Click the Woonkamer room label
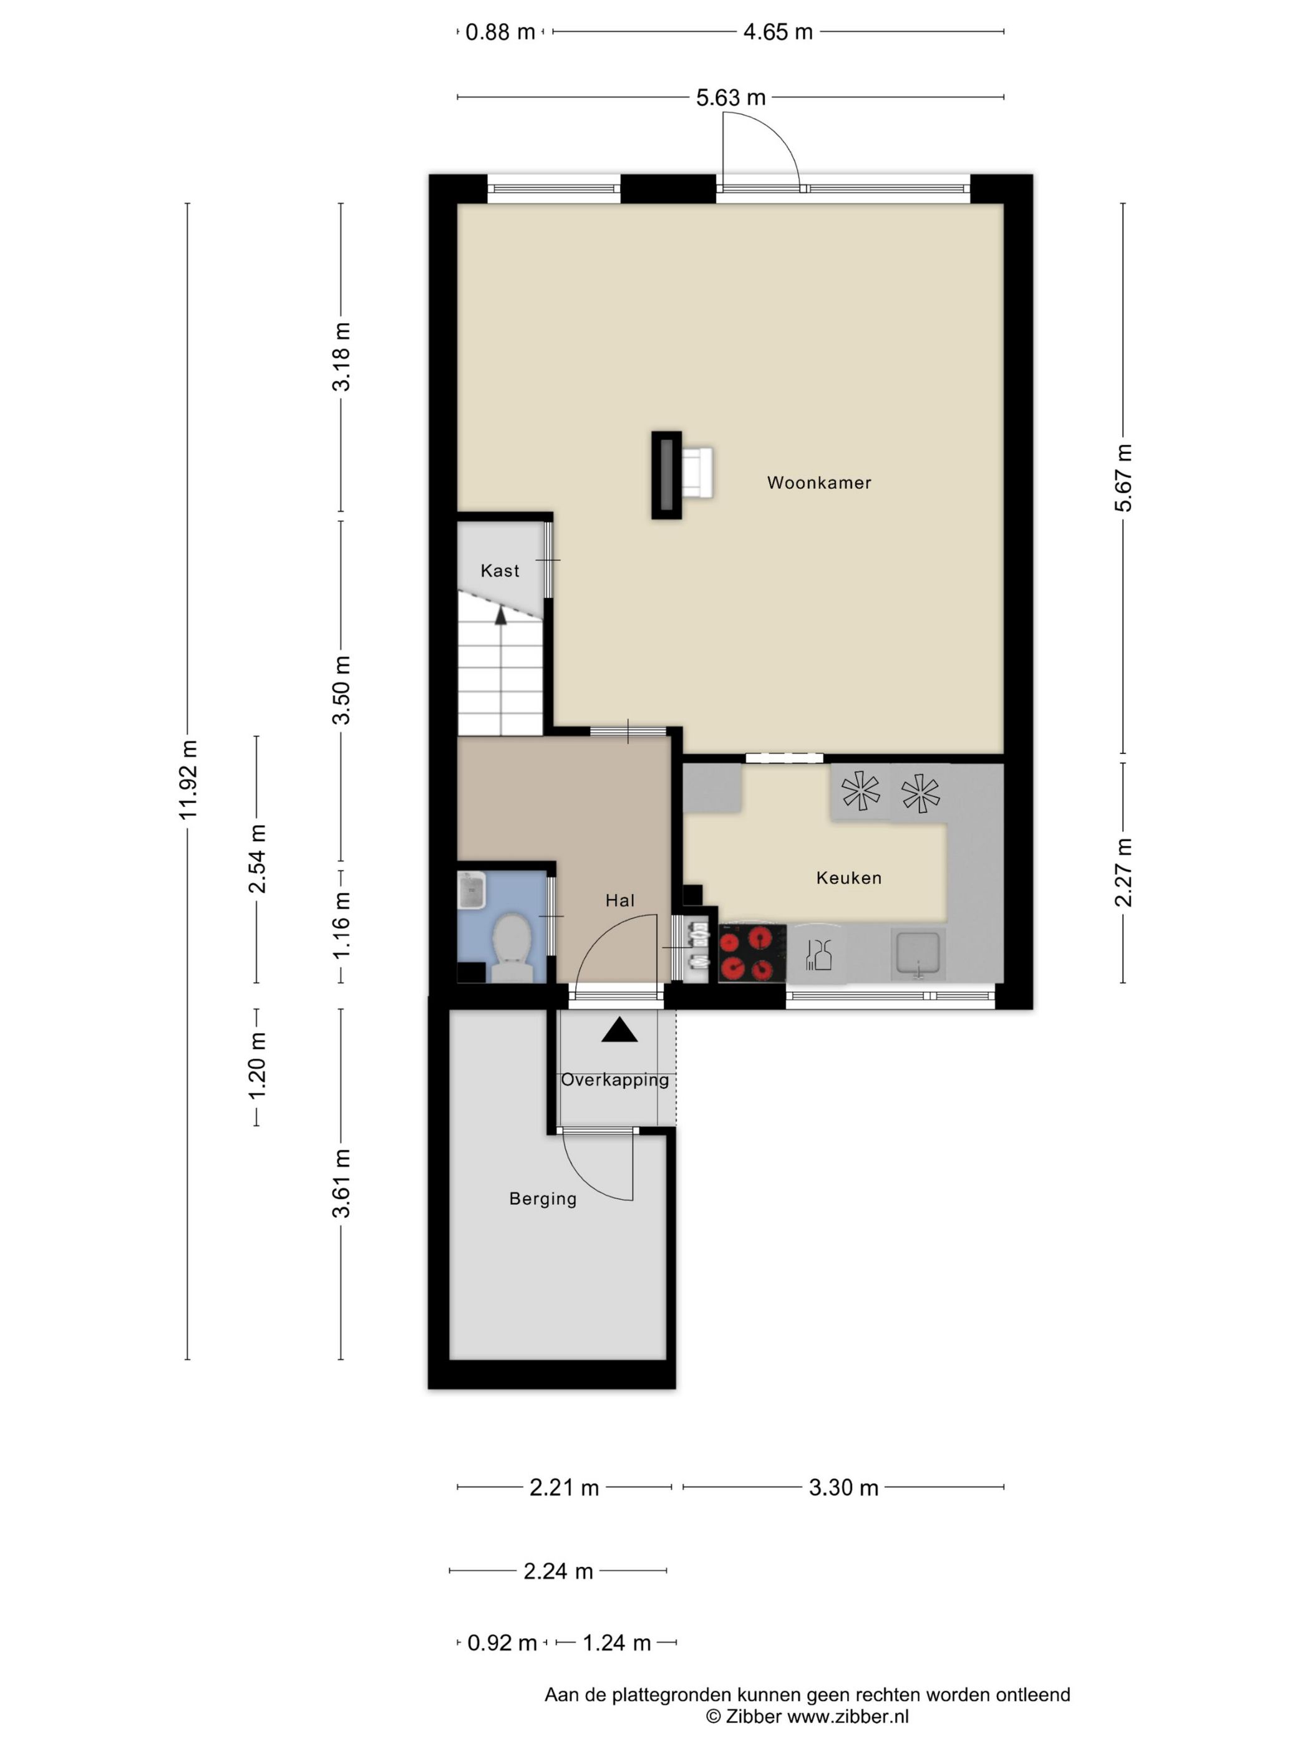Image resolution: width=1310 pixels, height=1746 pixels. (819, 482)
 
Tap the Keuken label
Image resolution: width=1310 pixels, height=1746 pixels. (849, 878)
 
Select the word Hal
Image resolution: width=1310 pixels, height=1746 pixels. (620, 900)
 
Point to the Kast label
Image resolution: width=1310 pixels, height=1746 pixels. (500, 571)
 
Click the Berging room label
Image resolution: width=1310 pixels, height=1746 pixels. (543, 1199)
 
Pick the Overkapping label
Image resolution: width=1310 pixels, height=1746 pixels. (615, 1080)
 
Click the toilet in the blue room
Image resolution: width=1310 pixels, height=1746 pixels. (511, 947)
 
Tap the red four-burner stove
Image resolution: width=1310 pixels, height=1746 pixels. (752, 953)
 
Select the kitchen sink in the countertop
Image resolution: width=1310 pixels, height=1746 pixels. (917, 953)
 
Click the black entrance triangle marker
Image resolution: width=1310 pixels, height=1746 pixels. (619, 1030)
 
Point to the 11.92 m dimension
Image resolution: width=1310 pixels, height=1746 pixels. (188, 780)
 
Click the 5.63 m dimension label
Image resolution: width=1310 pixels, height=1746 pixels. (730, 98)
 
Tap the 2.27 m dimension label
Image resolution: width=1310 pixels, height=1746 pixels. (1123, 872)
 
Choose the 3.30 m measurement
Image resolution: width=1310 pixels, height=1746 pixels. (843, 1488)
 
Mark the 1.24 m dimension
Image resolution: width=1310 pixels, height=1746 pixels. (617, 1643)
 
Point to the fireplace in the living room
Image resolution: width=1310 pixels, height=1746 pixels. (666, 475)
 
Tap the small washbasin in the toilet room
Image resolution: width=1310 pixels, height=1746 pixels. (472, 891)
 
